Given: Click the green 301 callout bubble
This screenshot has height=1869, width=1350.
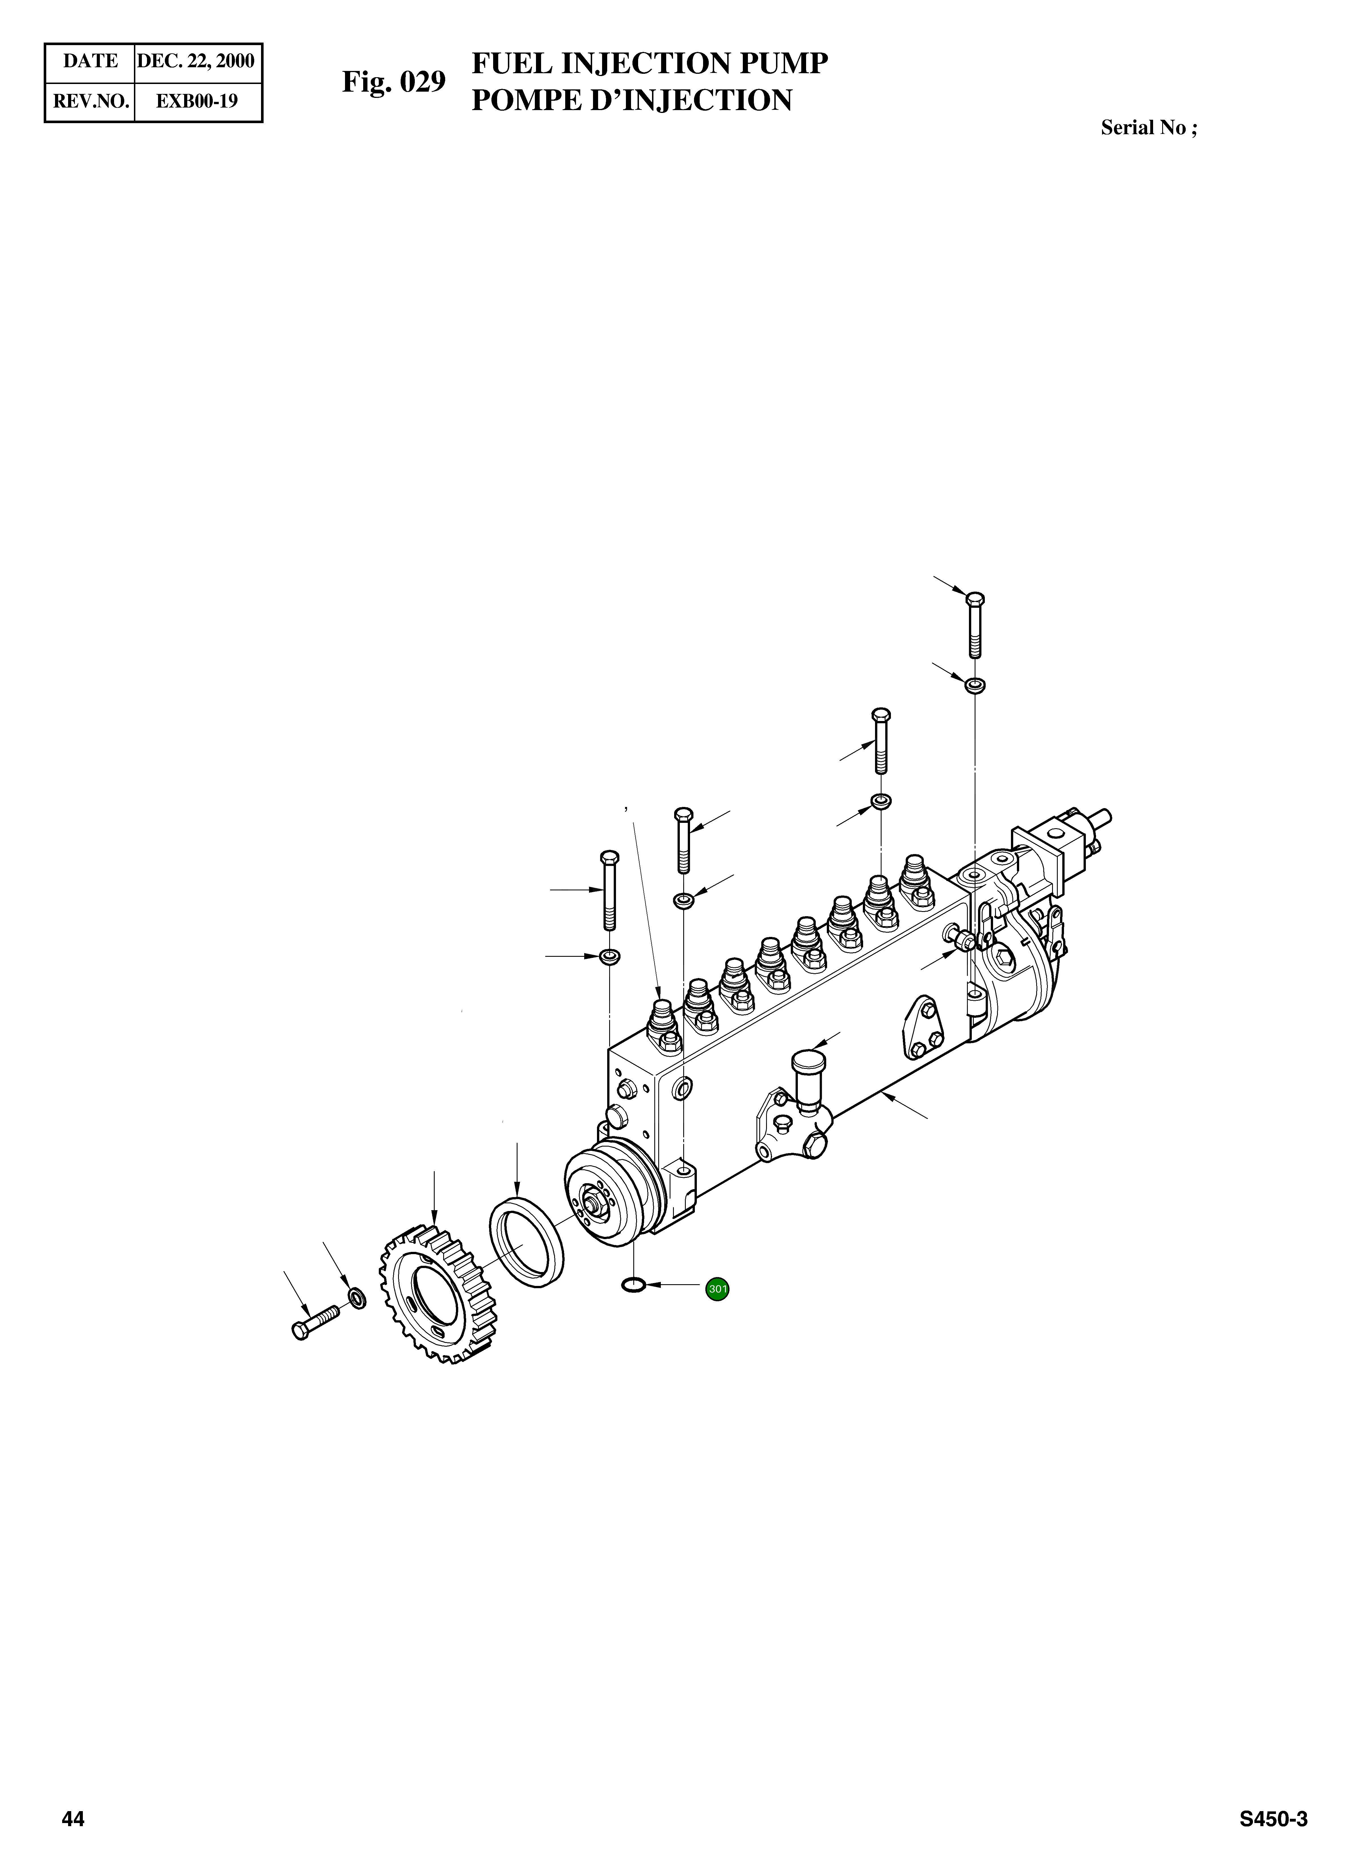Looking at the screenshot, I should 717,1288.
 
